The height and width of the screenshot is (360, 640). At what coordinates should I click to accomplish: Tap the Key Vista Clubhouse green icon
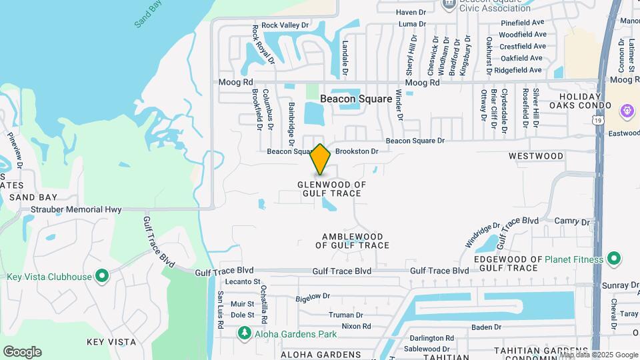pos(102,276)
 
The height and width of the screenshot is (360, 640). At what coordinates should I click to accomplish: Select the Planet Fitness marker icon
pos(614,259)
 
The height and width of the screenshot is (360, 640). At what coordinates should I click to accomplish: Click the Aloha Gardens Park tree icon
pos(245,332)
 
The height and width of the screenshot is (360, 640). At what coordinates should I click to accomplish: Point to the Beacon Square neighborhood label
pos(356,98)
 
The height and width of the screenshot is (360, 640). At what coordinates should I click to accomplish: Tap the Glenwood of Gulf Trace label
pos(331,189)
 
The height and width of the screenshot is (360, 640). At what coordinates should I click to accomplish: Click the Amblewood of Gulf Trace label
pos(352,241)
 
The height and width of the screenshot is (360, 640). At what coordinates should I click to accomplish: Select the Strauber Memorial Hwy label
pos(76,209)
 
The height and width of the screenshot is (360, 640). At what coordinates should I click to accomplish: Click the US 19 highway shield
pos(599,119)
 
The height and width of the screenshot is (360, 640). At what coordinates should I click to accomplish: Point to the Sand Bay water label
pos(148,14)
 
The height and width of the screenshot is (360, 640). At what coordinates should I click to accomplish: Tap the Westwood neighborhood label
pos(536,156)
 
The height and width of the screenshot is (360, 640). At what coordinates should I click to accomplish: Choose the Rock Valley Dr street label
pos(285,25)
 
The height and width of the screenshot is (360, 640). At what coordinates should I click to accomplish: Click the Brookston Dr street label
pos(357,151)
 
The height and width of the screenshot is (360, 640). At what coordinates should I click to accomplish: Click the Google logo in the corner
pos(22,351)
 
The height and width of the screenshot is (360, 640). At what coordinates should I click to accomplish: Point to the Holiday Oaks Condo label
pos(580,101)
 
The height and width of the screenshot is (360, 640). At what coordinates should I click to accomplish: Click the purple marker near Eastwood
pos(626,110)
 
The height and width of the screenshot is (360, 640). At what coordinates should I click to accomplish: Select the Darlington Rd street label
pos(432,338)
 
